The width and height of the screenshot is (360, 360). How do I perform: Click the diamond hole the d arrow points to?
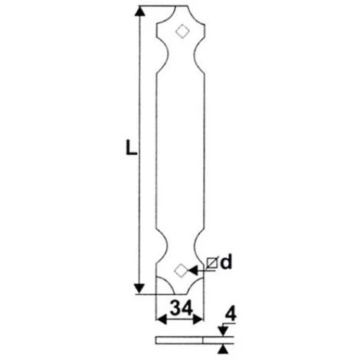(181, 270)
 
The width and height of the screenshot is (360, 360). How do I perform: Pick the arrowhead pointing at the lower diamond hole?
(192, 270)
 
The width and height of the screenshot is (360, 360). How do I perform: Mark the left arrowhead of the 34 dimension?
(159, 322)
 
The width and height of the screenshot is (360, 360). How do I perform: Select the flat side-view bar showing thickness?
(180, 339)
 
